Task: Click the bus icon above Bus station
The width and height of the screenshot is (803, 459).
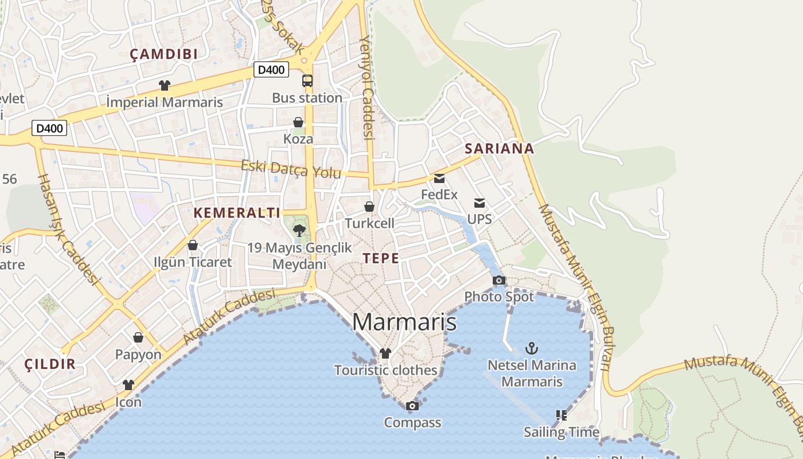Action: (307, 81)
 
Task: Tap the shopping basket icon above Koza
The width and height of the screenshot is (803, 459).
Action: (298, 122)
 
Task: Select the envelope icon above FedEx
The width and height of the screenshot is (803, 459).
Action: (439, 178)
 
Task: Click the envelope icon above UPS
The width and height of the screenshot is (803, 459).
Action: (480, 203)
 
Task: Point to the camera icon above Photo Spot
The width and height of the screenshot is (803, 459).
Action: (499, 280)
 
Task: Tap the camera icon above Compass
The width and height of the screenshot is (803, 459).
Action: (412, 406)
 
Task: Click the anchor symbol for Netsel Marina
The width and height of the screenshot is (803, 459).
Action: (532, 348)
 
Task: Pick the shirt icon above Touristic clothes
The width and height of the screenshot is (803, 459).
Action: (385, 353)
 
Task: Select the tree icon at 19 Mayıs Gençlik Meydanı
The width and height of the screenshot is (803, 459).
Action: (299, 231)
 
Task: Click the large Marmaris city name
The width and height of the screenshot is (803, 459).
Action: (404, 322)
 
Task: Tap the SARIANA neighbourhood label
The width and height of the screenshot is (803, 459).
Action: (499, 149)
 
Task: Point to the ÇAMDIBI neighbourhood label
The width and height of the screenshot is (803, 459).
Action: (163, 55)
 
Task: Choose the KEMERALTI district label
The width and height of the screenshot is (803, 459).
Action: (237, 213)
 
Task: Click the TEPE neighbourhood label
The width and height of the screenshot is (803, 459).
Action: (381, 258)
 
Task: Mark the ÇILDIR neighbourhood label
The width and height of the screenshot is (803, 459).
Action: (50, 364)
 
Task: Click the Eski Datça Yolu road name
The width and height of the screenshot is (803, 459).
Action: (291, 169)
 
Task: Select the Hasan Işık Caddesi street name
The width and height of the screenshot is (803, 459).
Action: (68, 228)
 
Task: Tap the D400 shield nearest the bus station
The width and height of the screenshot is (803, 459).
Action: (271, 70)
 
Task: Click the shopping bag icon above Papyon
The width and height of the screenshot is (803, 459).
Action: (138, 337)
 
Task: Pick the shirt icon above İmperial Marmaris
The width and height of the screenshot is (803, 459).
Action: (165, 85)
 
